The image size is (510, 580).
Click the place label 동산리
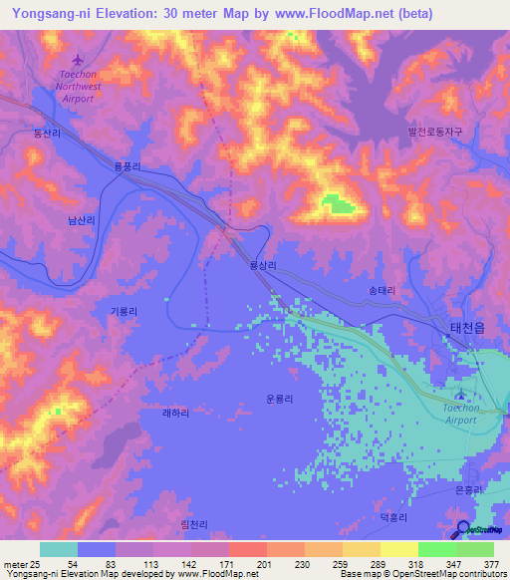[x=47, y=133]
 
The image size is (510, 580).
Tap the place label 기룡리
[x=123, y=311]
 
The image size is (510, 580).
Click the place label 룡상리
[x=263, y=267]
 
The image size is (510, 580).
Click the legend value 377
[x=491, y=563]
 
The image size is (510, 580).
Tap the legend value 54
[x=74, y=563]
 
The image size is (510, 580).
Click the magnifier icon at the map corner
[x=463, y=529]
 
